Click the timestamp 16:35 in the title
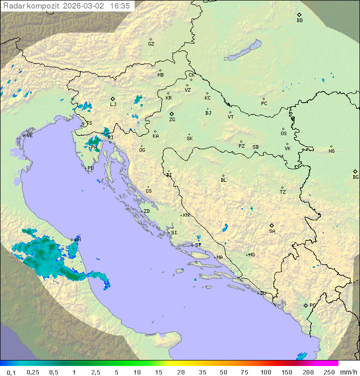click(120, 6)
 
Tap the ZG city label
click(172, 120)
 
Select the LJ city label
click(113, 105)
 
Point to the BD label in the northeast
click(299, 21)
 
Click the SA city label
click(272, 231)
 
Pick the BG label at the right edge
click(355, 177)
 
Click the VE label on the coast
click(29, 136)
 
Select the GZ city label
click(151, 44)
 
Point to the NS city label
click(331, 151)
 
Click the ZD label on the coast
click(146, 211)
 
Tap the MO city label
click(251, 255)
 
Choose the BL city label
click(223, 180)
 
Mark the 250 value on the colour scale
click(328, 372)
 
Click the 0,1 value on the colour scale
click(11, 372)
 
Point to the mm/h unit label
click(347, 372)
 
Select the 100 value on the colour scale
click(265, 372)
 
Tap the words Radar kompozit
click(31, 6)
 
